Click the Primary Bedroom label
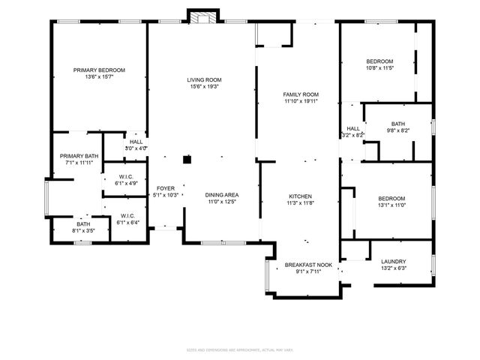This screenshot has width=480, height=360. coord(99,70)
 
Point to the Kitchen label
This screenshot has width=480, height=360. coord(301,196)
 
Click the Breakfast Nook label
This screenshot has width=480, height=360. coord(308,265)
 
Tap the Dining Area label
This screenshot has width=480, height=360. coord(221,195)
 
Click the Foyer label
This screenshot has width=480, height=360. coord(166,188)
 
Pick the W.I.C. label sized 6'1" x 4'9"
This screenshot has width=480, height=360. coord(125,177)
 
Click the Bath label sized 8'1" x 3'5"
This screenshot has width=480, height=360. coord(82,224)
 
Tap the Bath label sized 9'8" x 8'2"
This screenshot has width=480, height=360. coord(398,124)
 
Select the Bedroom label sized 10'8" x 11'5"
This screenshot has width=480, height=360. coord(379,61)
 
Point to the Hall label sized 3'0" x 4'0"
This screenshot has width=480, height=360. coord(136,141)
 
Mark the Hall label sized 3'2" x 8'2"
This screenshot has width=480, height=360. coord(352,129)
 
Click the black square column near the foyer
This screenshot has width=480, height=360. coord(187,159)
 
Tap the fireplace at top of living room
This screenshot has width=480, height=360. coord(202,17)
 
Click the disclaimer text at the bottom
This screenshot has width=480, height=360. coord(239,349)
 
